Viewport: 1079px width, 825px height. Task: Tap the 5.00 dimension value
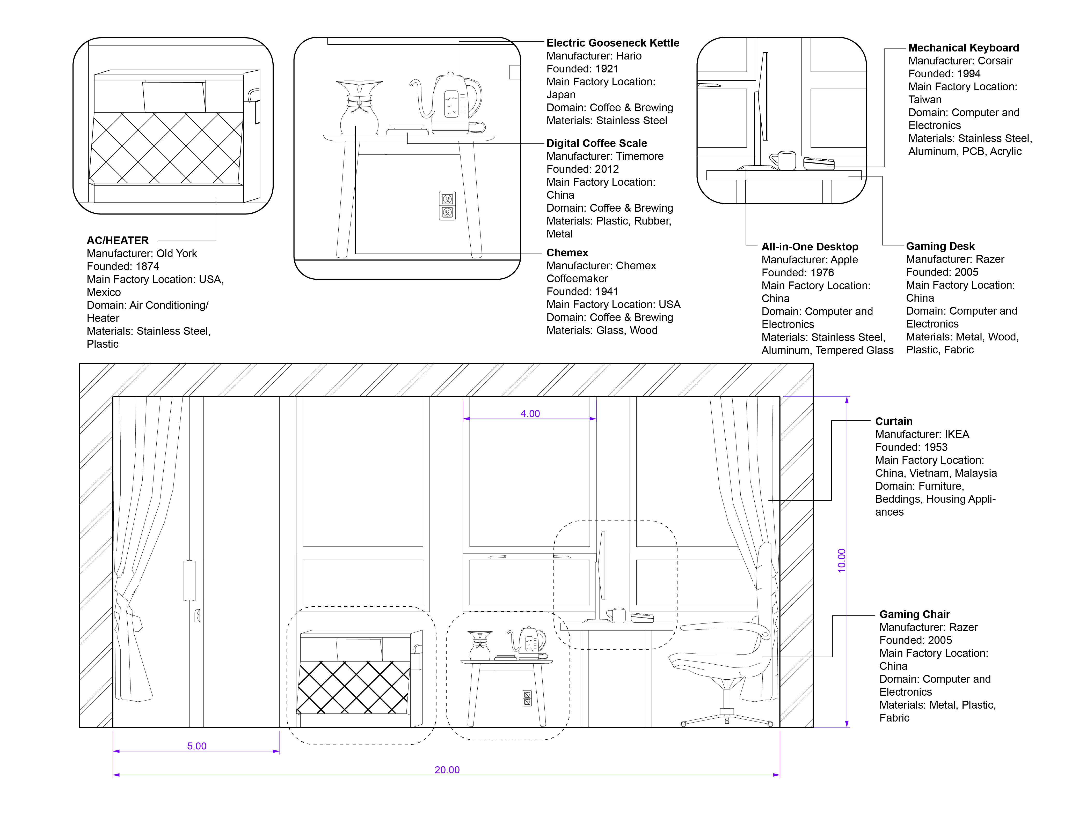click(196, 746)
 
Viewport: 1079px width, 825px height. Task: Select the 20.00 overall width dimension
click(447, 770)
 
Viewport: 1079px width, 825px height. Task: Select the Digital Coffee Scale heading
click(596, 143)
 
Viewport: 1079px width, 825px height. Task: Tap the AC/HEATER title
click(118, 241)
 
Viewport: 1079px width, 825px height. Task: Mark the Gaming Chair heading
click(914, 614)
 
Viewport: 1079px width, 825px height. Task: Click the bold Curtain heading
click(894, 421)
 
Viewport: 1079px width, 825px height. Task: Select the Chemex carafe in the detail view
click(359, 108)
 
